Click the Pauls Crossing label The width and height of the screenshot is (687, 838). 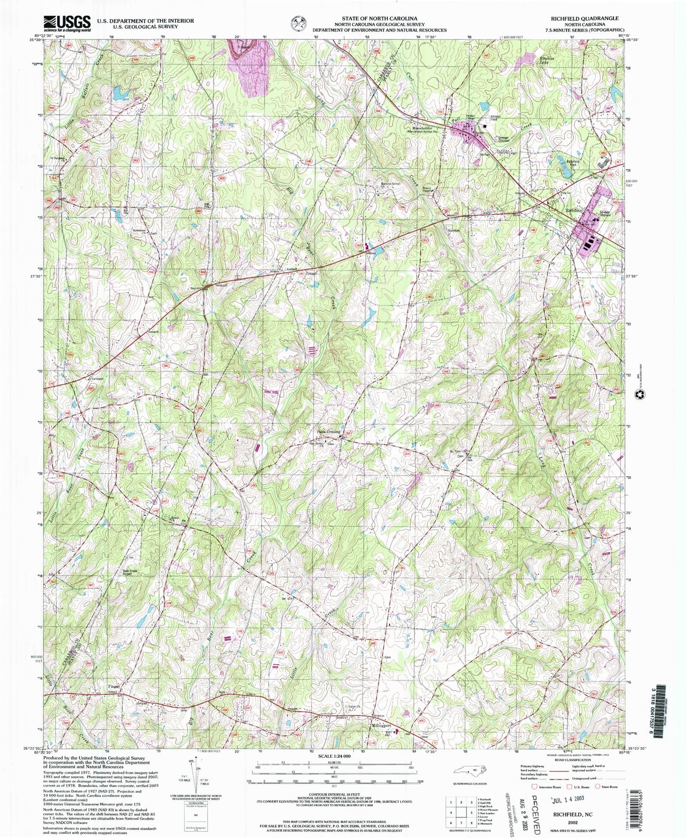[329, 431]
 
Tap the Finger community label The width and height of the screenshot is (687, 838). [114, 686]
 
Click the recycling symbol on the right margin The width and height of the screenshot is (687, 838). [639, 394]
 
